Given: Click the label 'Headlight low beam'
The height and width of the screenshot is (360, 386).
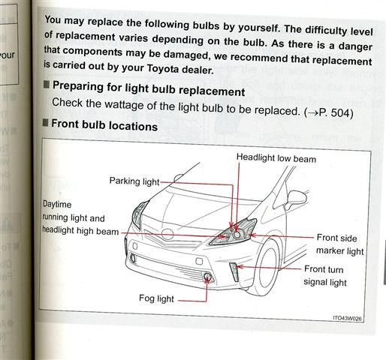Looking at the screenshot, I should [x=276, y=158].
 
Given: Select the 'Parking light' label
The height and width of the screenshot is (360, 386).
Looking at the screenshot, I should [x=134, y=181].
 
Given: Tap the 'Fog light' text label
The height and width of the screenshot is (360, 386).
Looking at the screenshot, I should [x=156, y=298].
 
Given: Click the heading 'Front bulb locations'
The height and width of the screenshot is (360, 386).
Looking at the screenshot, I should [x=104, y=126].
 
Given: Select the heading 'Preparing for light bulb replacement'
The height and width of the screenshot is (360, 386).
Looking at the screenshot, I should [x=147, y=91].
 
